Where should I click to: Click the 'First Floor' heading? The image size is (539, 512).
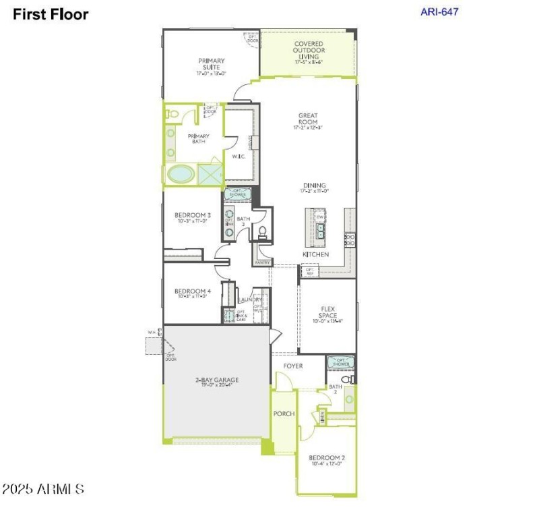tap(51, 14)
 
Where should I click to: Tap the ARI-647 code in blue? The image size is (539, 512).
tap(439, 11)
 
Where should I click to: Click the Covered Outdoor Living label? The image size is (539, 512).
tap(309, 51)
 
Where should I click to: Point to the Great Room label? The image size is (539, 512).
tap(308, 119)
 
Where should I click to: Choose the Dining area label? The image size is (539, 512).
tap(314, 186)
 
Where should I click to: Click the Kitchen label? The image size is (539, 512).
tap(315, 254)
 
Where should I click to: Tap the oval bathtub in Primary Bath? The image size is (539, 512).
tap(180, 174)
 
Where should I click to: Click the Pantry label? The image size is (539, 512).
tap(262, 262)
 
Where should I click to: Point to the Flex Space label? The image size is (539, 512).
tap(327, 312)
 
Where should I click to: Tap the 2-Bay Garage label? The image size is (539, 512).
tap(217, 380)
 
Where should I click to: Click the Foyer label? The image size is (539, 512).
tap(293, 366)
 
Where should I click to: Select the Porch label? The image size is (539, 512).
tap(284, 414)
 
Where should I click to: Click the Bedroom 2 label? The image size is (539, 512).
tap(327, 457)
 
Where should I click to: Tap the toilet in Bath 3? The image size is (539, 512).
tap(263, 233)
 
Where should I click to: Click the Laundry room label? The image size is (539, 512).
tap(249, 300)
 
